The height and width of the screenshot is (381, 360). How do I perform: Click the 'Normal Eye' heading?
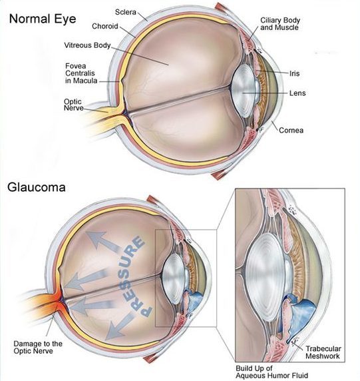(43, 19)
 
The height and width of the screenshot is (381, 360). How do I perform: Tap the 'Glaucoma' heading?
(37, 188)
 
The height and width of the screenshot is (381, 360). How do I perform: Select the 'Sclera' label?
(126, 12)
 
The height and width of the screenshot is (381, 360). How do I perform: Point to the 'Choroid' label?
(105, 26)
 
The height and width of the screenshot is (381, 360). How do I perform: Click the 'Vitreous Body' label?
(87, 45)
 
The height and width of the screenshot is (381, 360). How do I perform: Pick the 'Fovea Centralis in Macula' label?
(81, 73)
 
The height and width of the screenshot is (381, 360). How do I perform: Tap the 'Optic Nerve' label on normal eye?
(74, 105)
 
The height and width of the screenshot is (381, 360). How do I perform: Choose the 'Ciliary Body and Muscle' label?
(280, 23)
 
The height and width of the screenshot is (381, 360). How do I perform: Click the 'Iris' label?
(295, 73)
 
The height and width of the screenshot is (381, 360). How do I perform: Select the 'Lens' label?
(297, 93)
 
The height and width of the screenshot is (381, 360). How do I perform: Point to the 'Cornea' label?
(291, 131)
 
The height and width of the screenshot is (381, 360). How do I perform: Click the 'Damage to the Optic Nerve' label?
(38, 347)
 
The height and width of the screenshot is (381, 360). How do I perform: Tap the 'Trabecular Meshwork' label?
(323, 352)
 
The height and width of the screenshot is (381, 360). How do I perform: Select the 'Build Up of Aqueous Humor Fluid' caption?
(272, 372)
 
